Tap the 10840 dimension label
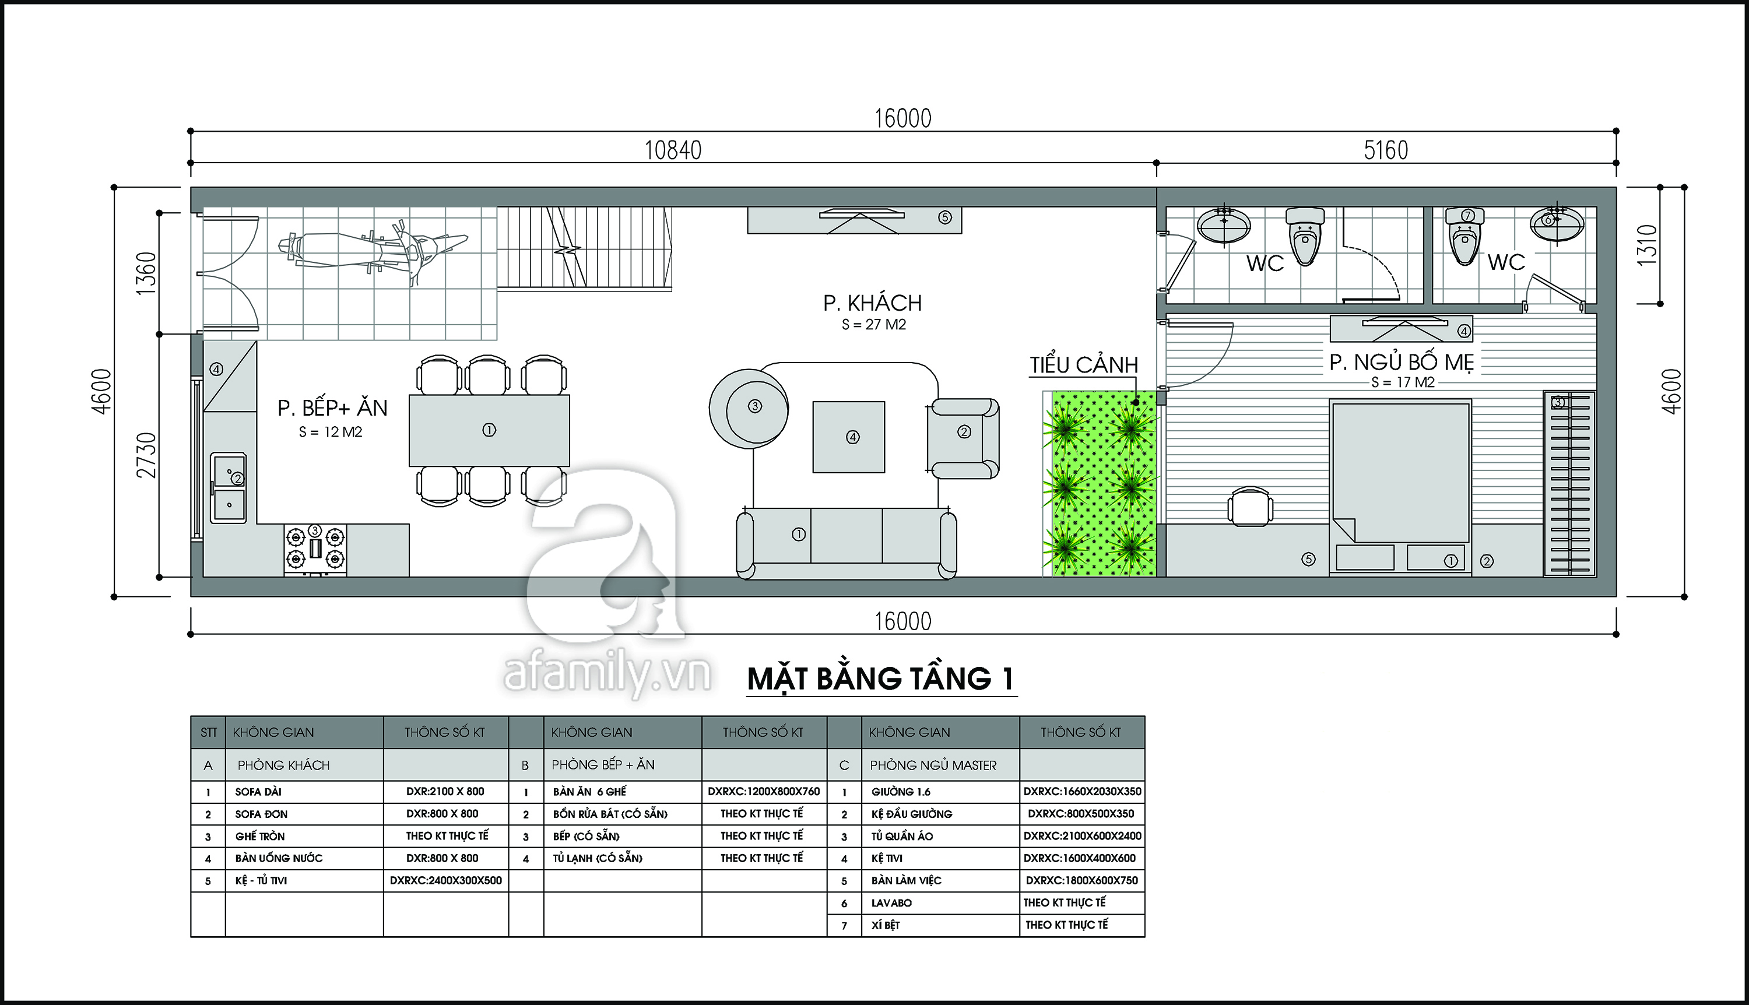[x=673, y=150]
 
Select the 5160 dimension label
[x=1386, y=150]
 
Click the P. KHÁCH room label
[x=872, y=303]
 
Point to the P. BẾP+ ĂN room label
[x=333, y=408]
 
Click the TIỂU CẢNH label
[x=1084, y=364]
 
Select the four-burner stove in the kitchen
[x=315, y=550]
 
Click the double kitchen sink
[x=229, y=487]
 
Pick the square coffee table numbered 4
[x=849, y=437]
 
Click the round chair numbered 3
[x=749, y=409]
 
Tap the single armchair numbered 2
[x=964, y=438]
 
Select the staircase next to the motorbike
[x=585, y=248]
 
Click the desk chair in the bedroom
[x=1251, y=507]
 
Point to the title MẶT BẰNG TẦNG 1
[x=881, y=679]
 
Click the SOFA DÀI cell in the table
[x=258, y=792]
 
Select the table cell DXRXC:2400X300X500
[x=446, y=880]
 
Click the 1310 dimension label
[x=1646, y=245]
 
